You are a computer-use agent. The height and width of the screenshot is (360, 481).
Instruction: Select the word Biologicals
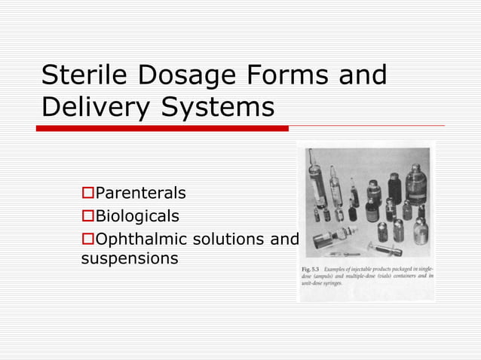point(136,216)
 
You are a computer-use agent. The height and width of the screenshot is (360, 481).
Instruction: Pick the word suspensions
point(129,259)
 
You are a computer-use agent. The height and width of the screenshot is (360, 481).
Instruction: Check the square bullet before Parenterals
point(86,194)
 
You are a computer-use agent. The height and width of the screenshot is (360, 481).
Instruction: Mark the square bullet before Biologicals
point(86,217)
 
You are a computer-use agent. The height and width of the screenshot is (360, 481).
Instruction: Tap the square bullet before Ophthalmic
point(86,239)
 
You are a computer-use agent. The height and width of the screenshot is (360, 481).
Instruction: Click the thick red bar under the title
point(162,128)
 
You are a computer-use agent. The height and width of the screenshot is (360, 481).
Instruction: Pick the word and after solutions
point(283,239)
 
